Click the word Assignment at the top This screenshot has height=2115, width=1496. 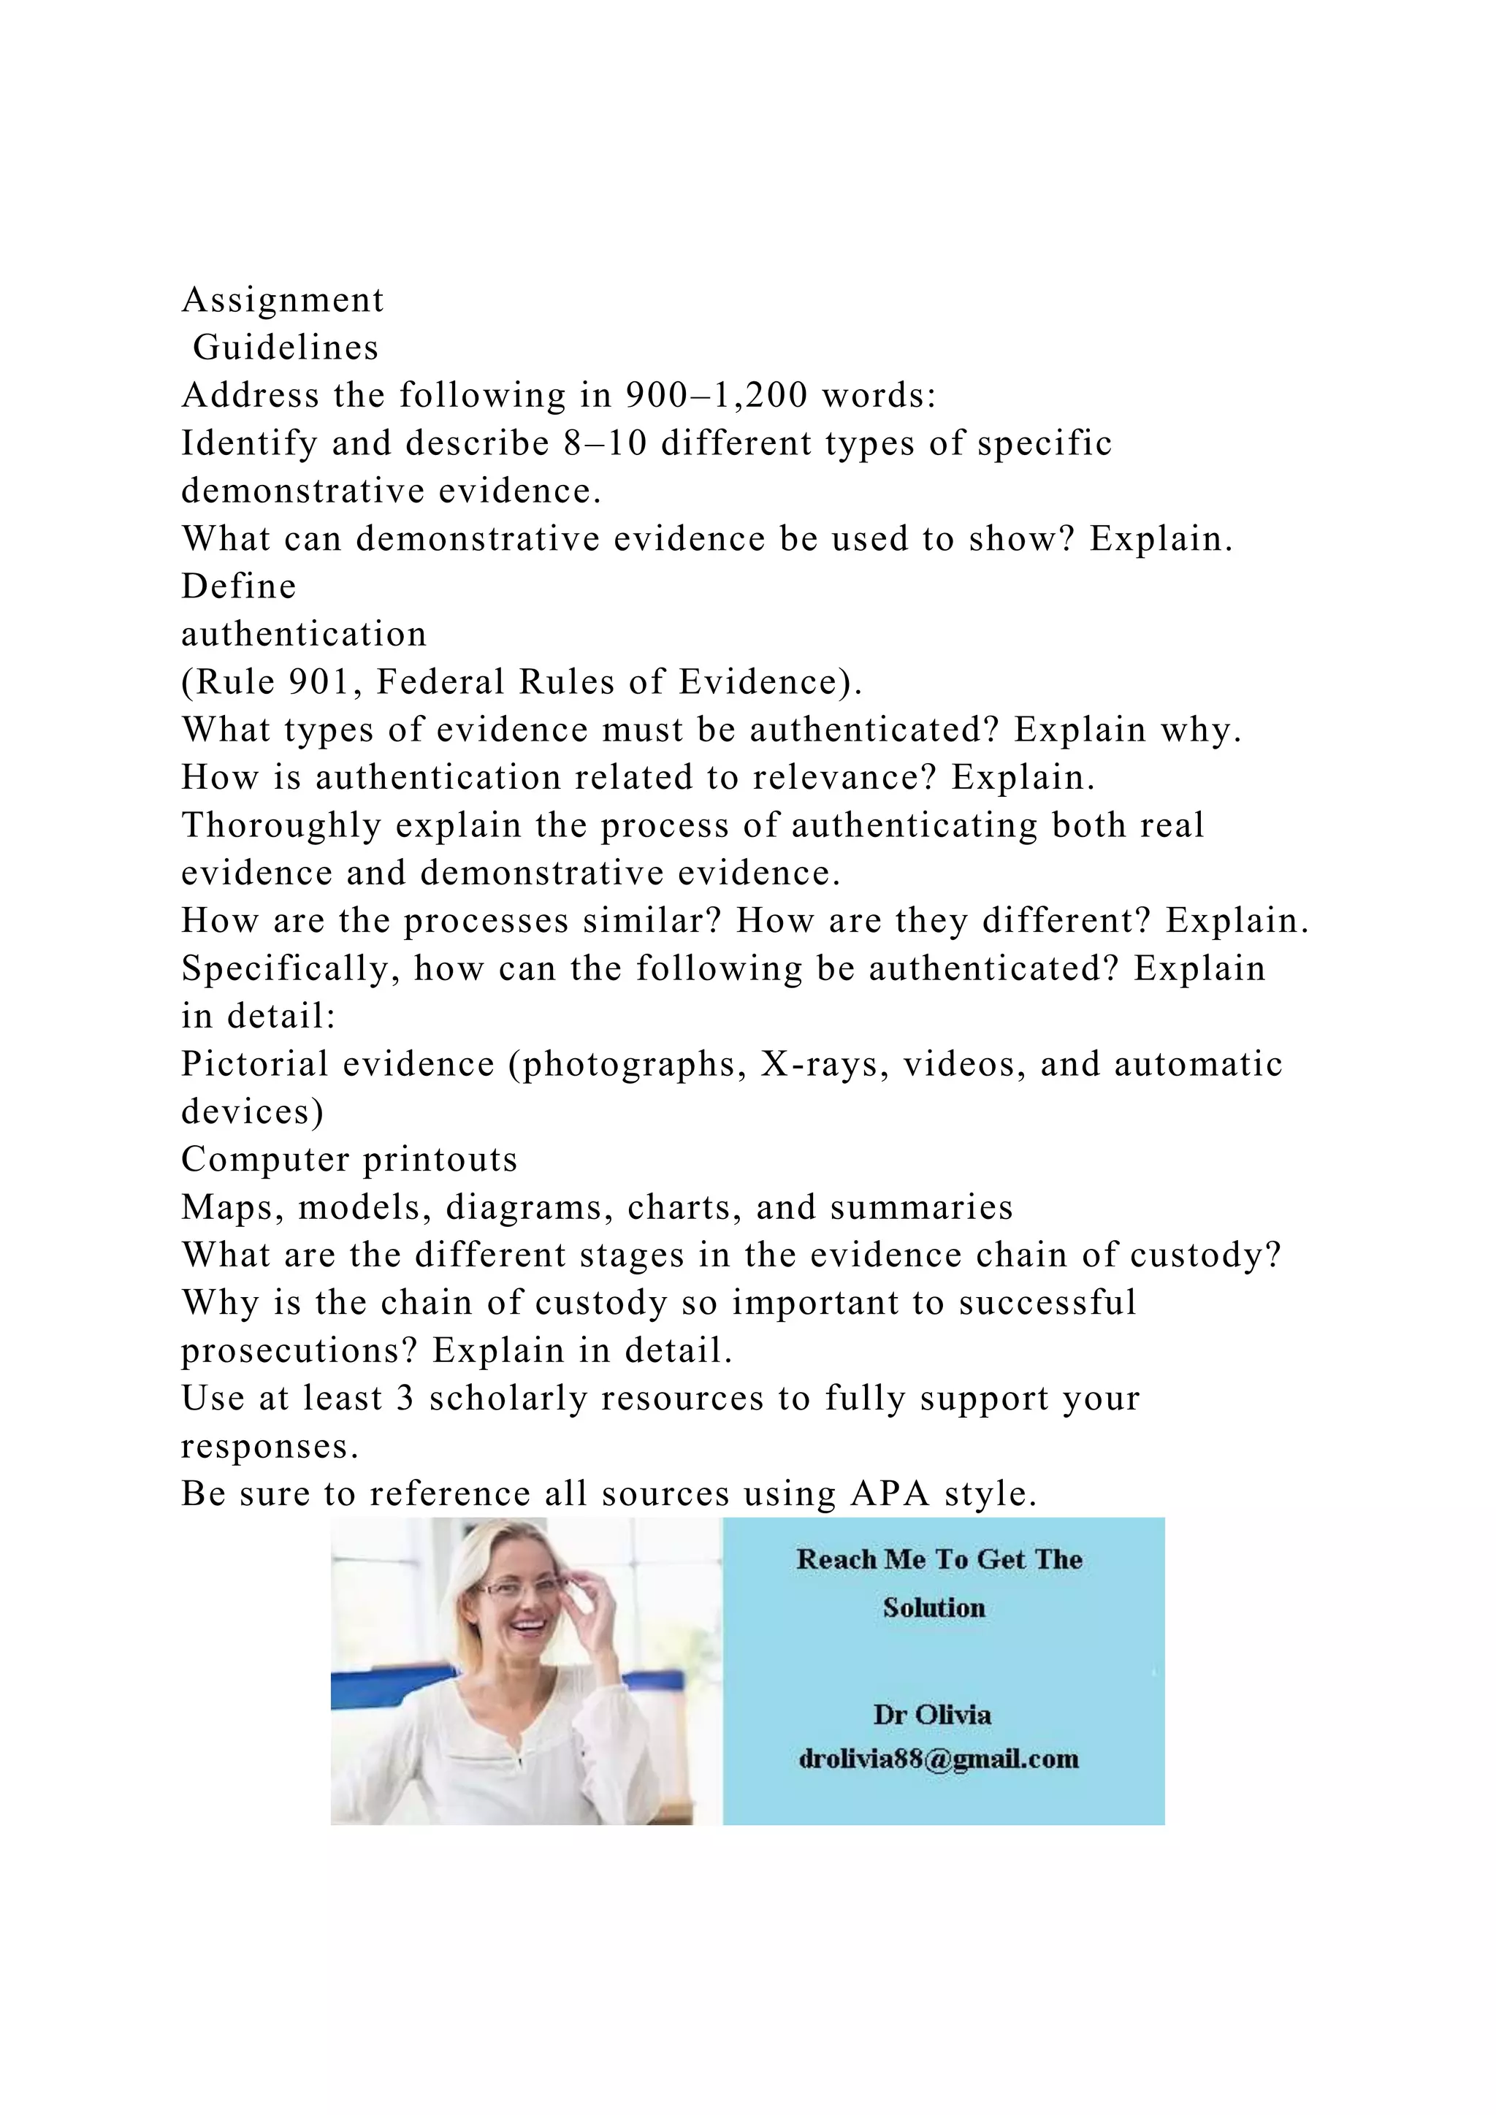coord(283,301)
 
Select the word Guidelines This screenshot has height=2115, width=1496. coord(286,348)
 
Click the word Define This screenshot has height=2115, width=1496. coord(239,586)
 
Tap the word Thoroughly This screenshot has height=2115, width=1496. coord(281,826)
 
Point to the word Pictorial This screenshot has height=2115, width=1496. coord(246,1065)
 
